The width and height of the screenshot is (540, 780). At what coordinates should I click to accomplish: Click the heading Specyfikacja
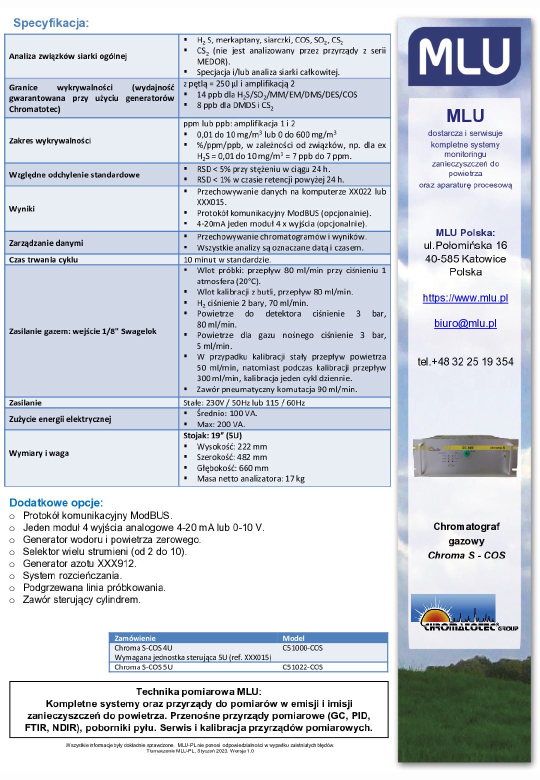(51, 23)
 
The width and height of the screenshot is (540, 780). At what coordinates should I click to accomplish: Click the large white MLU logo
(465, 56)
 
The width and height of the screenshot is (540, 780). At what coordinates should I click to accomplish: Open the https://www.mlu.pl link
(465, 298)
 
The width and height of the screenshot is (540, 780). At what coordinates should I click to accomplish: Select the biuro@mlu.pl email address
(465, 323)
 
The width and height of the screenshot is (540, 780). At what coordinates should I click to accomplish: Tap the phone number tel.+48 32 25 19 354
(465, 361)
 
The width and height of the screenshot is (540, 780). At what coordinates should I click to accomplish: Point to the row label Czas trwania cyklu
(43, 259)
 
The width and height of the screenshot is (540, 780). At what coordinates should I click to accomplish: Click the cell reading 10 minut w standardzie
(227, 259)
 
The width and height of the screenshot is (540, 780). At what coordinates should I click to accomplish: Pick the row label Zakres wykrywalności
(50, 140)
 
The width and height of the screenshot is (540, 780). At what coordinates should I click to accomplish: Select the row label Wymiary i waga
(39, 453)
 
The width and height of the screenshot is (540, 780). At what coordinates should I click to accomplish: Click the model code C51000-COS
(302, 648)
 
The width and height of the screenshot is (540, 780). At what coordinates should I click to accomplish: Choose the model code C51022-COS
(302, 667)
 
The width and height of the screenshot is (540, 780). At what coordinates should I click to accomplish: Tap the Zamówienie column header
(135, 638)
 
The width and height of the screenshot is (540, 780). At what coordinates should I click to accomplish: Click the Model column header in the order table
(293, 638)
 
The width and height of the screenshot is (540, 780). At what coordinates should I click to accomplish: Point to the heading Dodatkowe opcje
(56, 502)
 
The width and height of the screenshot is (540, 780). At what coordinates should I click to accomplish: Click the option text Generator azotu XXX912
(79, 563)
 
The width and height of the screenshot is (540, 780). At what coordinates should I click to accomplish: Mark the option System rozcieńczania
(72, 575)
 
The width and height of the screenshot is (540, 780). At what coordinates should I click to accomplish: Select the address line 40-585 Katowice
(465, 259)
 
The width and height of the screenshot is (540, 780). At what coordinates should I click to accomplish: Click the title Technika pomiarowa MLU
(198, 691)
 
